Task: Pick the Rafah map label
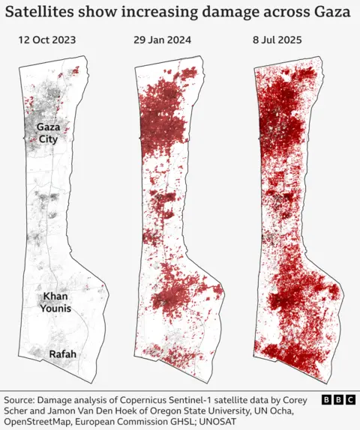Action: (x=63, y=354)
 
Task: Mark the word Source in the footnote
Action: (x=21, y=400)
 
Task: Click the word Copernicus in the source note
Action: (x=151, y=400)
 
